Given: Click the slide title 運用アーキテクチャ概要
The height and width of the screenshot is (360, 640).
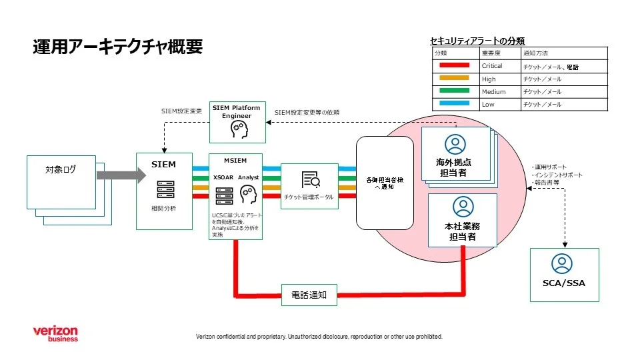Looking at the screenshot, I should pos(117,47).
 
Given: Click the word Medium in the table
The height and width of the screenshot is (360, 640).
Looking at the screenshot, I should pos(493,92).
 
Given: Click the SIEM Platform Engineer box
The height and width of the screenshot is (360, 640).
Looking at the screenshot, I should pos(237,121).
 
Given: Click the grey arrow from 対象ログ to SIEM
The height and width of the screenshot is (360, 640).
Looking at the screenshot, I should pos(120,176).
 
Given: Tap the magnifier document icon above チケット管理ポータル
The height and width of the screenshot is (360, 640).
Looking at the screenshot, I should pos(311,179).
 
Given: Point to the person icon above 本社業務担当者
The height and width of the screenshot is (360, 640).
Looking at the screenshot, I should pos(462,206).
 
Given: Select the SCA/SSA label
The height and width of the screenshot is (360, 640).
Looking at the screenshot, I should pos(563,283).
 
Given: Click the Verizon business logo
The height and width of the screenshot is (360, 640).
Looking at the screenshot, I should pos(56,333).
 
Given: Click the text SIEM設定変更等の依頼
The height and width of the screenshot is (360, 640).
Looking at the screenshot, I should pos(307,112).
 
